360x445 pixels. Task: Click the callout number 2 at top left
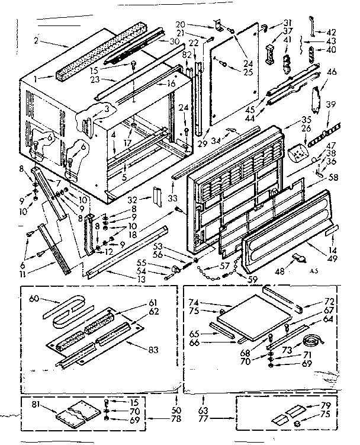coord(36,41)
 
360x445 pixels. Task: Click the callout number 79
coord(326,405)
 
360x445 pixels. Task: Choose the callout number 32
coord(132,200)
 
